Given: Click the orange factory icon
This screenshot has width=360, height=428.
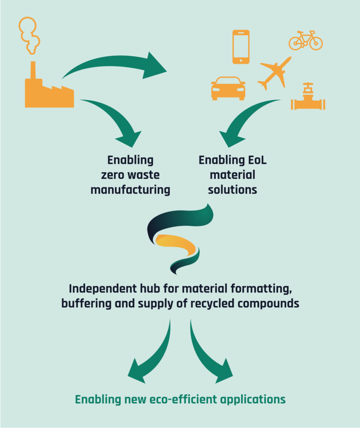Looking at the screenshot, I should [x=48, y=92].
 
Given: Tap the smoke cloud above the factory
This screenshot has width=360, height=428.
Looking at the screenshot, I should [x=30, y=36].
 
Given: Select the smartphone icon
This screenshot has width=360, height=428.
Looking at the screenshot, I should [x=241, y=47].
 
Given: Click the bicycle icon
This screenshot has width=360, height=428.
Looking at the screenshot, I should [x=306, y=41].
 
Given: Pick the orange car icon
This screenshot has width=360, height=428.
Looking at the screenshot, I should [x=228, y=88].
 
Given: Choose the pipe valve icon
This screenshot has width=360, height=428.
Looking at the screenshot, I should [x=308, y=99].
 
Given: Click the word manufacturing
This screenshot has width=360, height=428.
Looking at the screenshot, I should [x=130, y=190].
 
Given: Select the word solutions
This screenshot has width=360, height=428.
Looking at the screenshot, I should [x=233, y=189].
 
